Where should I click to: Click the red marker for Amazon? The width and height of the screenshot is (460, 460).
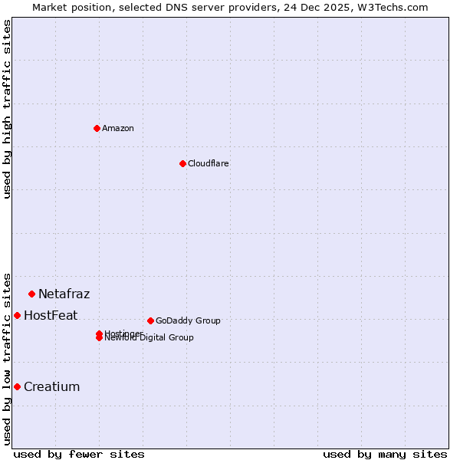pyautogui.click(x=97, y=128)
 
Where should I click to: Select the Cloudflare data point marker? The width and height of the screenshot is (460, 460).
pyautogui.click(x=182, y=163)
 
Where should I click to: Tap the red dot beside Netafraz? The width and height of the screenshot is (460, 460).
pyautogui.click(x=31, y=294)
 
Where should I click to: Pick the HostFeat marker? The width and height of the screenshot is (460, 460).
pyautogui.click(x=17, y=315)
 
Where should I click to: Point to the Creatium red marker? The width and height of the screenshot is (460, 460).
pyautogui.click(x=17, y=386)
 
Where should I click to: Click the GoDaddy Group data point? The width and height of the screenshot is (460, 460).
pyautogui.click(x=150, y=320)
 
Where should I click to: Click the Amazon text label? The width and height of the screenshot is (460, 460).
pyautogui.click(x=118, y=128)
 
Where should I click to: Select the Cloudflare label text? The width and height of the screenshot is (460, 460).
pyautogui.click(x=209, y=163)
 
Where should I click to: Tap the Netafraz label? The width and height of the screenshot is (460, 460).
pyautogui.click(x=64, y=294)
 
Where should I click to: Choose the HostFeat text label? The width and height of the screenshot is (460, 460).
pyautogui.click(x=51, y=315)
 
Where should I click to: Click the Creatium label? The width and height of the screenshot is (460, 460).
pyautogui.click(x=52, y=386)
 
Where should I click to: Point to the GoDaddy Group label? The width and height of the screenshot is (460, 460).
pyautogui.click(x=188, y=320)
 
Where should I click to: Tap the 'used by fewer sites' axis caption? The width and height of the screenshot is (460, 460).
pyautogui.click(x=79, y=454)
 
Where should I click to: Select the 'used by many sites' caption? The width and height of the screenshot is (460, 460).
pyautogui.click(x=385, y=454)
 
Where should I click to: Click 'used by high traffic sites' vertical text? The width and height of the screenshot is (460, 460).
pyautogui.click(x=7, y=109)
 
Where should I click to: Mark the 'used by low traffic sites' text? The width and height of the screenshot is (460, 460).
pyautogui.click(x=7, y=358)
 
